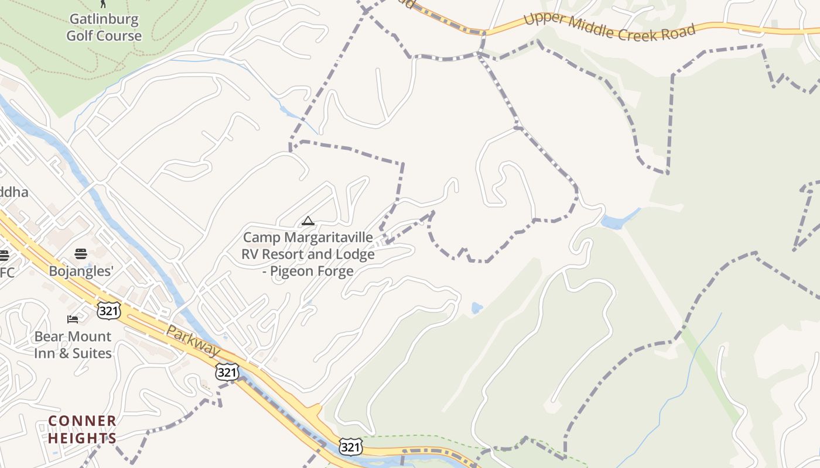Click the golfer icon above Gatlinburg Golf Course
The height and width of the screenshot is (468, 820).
coord(104,4)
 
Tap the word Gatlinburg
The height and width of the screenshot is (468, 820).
coord(104,19)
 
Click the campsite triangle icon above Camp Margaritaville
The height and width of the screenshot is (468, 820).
coord(307,221)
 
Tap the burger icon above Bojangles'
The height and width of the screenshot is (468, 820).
coord(81,254)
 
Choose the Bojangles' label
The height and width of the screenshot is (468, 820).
coord(81,271)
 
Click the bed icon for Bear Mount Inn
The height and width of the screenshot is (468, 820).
coord(73,319)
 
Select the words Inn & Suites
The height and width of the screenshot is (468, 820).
coord(73,353)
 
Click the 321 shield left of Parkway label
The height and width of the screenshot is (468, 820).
coord(110,310)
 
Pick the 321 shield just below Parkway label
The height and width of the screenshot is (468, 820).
coord(227,371)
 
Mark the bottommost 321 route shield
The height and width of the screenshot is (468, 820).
coord(350,448)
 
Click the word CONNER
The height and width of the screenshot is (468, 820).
coord(82,421)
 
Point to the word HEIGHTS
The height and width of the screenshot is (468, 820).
coord(82,438)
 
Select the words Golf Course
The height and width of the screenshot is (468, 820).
coord(104,36)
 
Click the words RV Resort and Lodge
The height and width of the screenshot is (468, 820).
coord(308,254)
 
